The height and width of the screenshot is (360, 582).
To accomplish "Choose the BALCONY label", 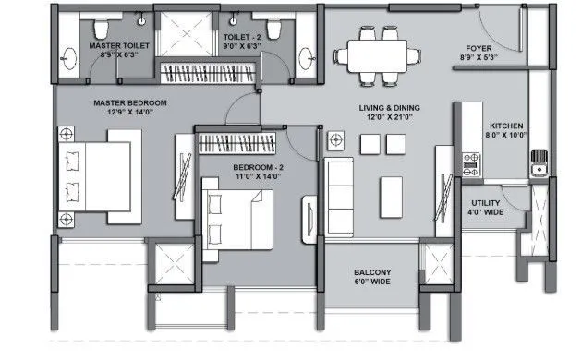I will click(x=372, y=273).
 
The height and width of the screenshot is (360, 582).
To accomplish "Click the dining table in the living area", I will click(x=374, y=54).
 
